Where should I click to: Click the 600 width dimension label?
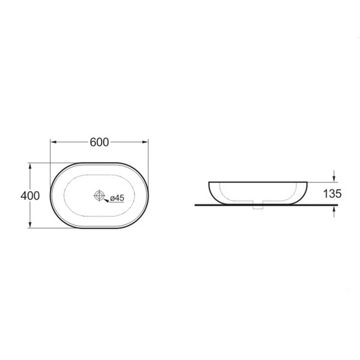pyautogui.click(x=99, y=142)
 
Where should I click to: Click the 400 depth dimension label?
pyautogui.click(x=30, y=196)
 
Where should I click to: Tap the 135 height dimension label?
pyautogui.click(x=332, y=194)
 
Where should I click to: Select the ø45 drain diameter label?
pyautogui.click(x=117, y=198)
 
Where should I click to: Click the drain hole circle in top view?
pyautogui.click(x=99, y=196)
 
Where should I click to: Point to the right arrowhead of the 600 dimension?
pyautogui.click(x=145, y=142)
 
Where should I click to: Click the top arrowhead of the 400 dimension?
pyautogui.click(x=30, y=166)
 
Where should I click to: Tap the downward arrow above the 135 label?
pyautogui.click(x=334, y=176)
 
